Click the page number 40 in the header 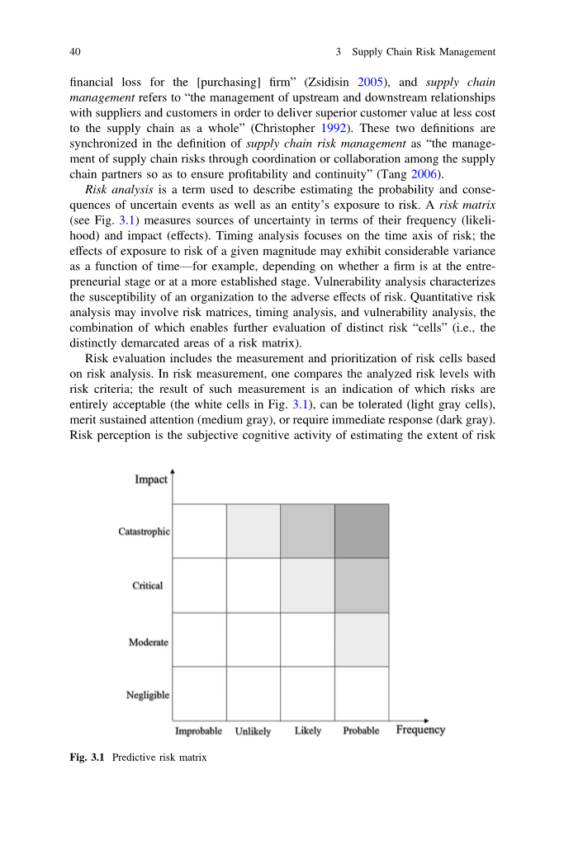coord(74,52)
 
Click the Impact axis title coord(151,479)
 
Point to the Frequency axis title coord(420,730)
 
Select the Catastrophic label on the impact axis coord(144,531)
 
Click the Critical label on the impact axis coord(148,586)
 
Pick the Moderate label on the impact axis coord(149,642)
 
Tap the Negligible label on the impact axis coord(148,695)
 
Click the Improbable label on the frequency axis coord(198,731)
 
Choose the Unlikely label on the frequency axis coord(253,731)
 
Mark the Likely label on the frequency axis coord(308,731)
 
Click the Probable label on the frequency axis coord(361,731)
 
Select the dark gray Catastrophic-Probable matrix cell coord(361,531)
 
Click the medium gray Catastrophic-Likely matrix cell coord(307,531)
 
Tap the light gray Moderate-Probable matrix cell coord(361,640)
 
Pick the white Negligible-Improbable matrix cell coord(199,693)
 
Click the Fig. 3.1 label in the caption coord(88,757)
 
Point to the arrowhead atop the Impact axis coord(172,473)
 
